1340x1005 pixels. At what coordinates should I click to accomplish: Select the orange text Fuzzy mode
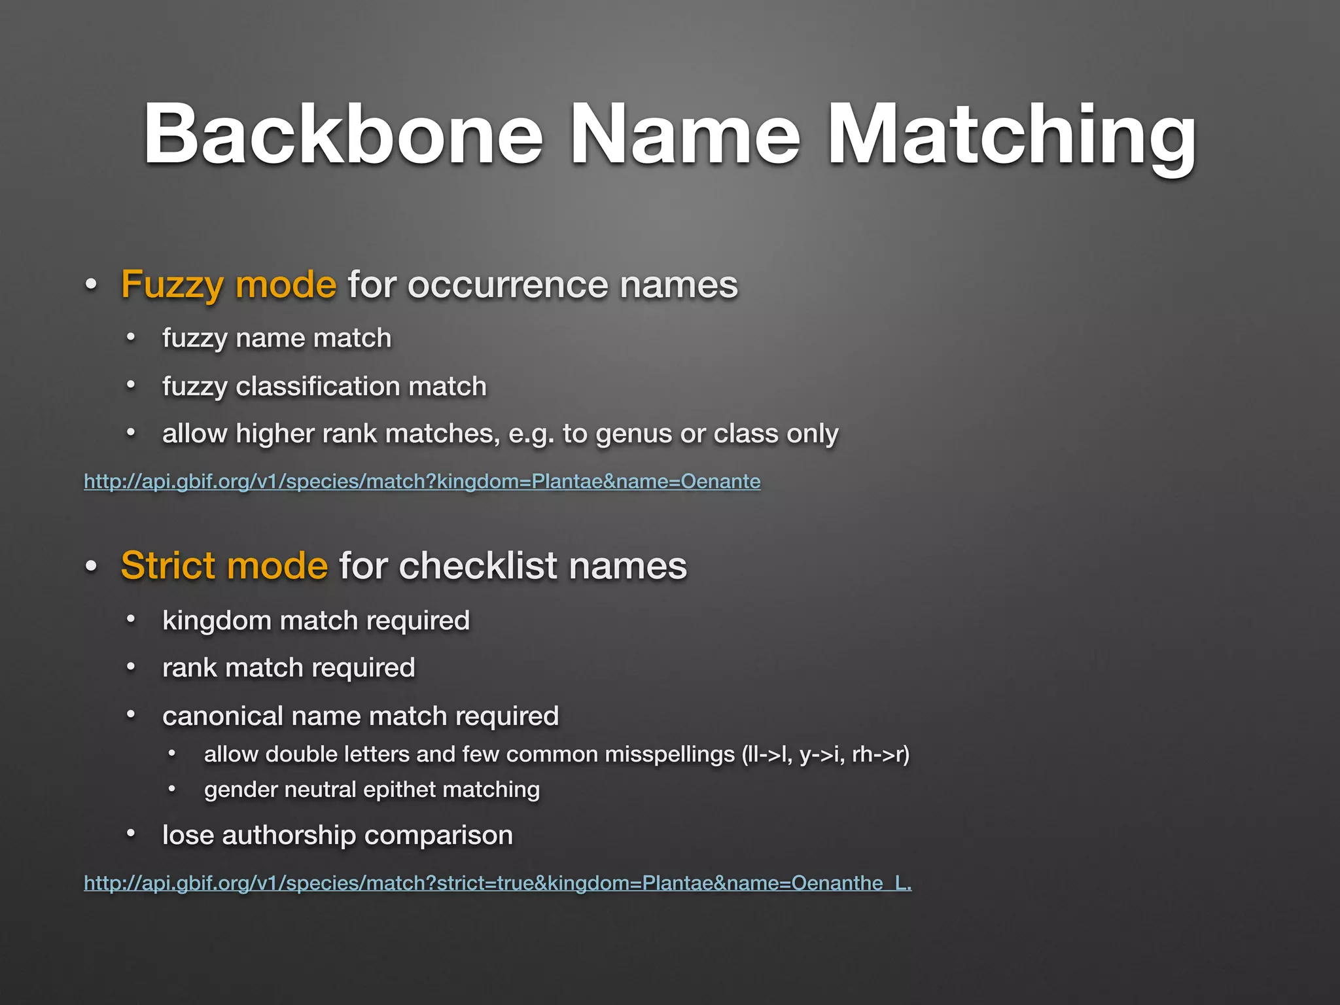(228, 285)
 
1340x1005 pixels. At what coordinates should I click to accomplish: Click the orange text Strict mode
(224, 565)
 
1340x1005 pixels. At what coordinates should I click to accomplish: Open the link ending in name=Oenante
(422, 482)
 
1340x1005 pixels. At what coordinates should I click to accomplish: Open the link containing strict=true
(497, 883)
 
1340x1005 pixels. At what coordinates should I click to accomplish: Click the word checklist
(478, 565)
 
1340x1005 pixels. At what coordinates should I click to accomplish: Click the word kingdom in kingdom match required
(217, 621)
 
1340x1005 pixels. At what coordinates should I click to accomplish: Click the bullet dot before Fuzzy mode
(91, 285)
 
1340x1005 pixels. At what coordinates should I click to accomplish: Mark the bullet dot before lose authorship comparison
(131, 834)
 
